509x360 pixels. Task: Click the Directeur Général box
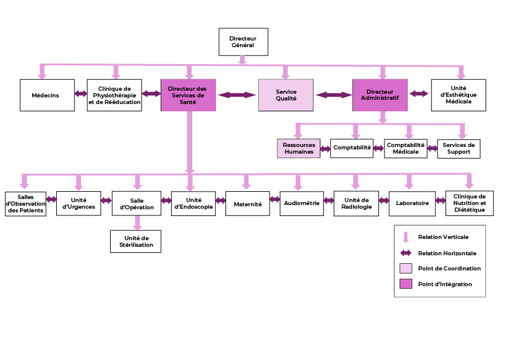[x=242, y=42]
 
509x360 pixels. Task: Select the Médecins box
[x=47, y=95]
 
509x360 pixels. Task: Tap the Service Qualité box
[x=286, y=95]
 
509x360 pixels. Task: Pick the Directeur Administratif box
[x=380, y=95]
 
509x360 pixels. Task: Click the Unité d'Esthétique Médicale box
[x=458, y=95]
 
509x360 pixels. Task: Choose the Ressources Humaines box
[x=299, y=148]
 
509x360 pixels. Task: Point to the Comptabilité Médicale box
[x=406, y=148]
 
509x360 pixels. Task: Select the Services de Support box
[x=458, y=148]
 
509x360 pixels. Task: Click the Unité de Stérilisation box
[x=135, y=241]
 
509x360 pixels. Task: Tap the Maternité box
[x=247, y=204]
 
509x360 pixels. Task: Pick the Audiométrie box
[x=301, y=203]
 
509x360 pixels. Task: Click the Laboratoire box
[x=412, y=203]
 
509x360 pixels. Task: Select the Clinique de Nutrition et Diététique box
[x=469, y=203]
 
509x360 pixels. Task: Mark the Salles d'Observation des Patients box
[x=25, y=203]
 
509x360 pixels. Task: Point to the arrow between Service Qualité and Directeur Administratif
[x=334, y=95]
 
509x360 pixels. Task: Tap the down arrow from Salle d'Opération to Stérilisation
[x=137, y=223]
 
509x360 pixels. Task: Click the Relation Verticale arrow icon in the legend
[x=406, y=237]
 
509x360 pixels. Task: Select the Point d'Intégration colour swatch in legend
[x=406, y=284]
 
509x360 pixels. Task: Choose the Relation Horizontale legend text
[x=447, y=253]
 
